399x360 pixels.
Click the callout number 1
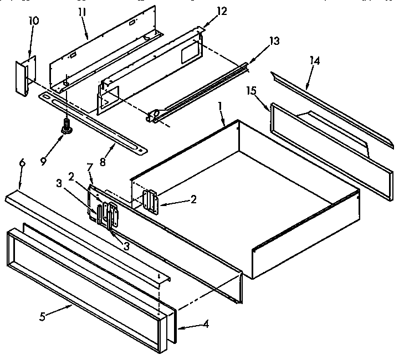pos(221,105)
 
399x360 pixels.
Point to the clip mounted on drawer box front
pos(151,200)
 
